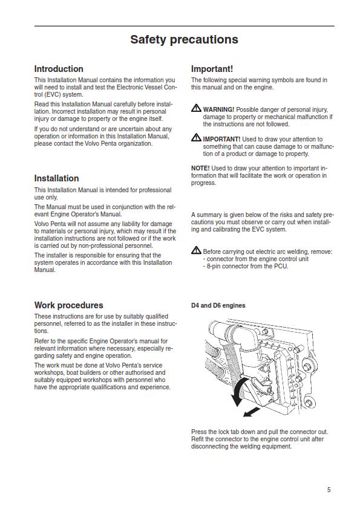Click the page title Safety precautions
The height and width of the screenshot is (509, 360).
click(x=184, y=40)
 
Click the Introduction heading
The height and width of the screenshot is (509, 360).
click(x=59, y=69)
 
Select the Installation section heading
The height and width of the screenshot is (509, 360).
click(x=56, y=178)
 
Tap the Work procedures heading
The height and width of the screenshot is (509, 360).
click(x=68, y=305)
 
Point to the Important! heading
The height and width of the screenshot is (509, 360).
click(x=212, y=69)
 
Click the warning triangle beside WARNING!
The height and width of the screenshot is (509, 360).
click(x=196, y=108)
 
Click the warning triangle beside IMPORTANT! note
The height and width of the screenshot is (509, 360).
click(x=196, y=138)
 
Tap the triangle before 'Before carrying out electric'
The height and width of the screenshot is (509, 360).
click(x=196, y=250)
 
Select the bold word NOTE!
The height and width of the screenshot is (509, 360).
click(x=200, y=168)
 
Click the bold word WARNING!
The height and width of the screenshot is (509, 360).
click(x=218, y=109)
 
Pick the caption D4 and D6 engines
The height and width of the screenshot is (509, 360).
click(x=218, y=306)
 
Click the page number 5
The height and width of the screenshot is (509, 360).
click(x=329, y=490)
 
